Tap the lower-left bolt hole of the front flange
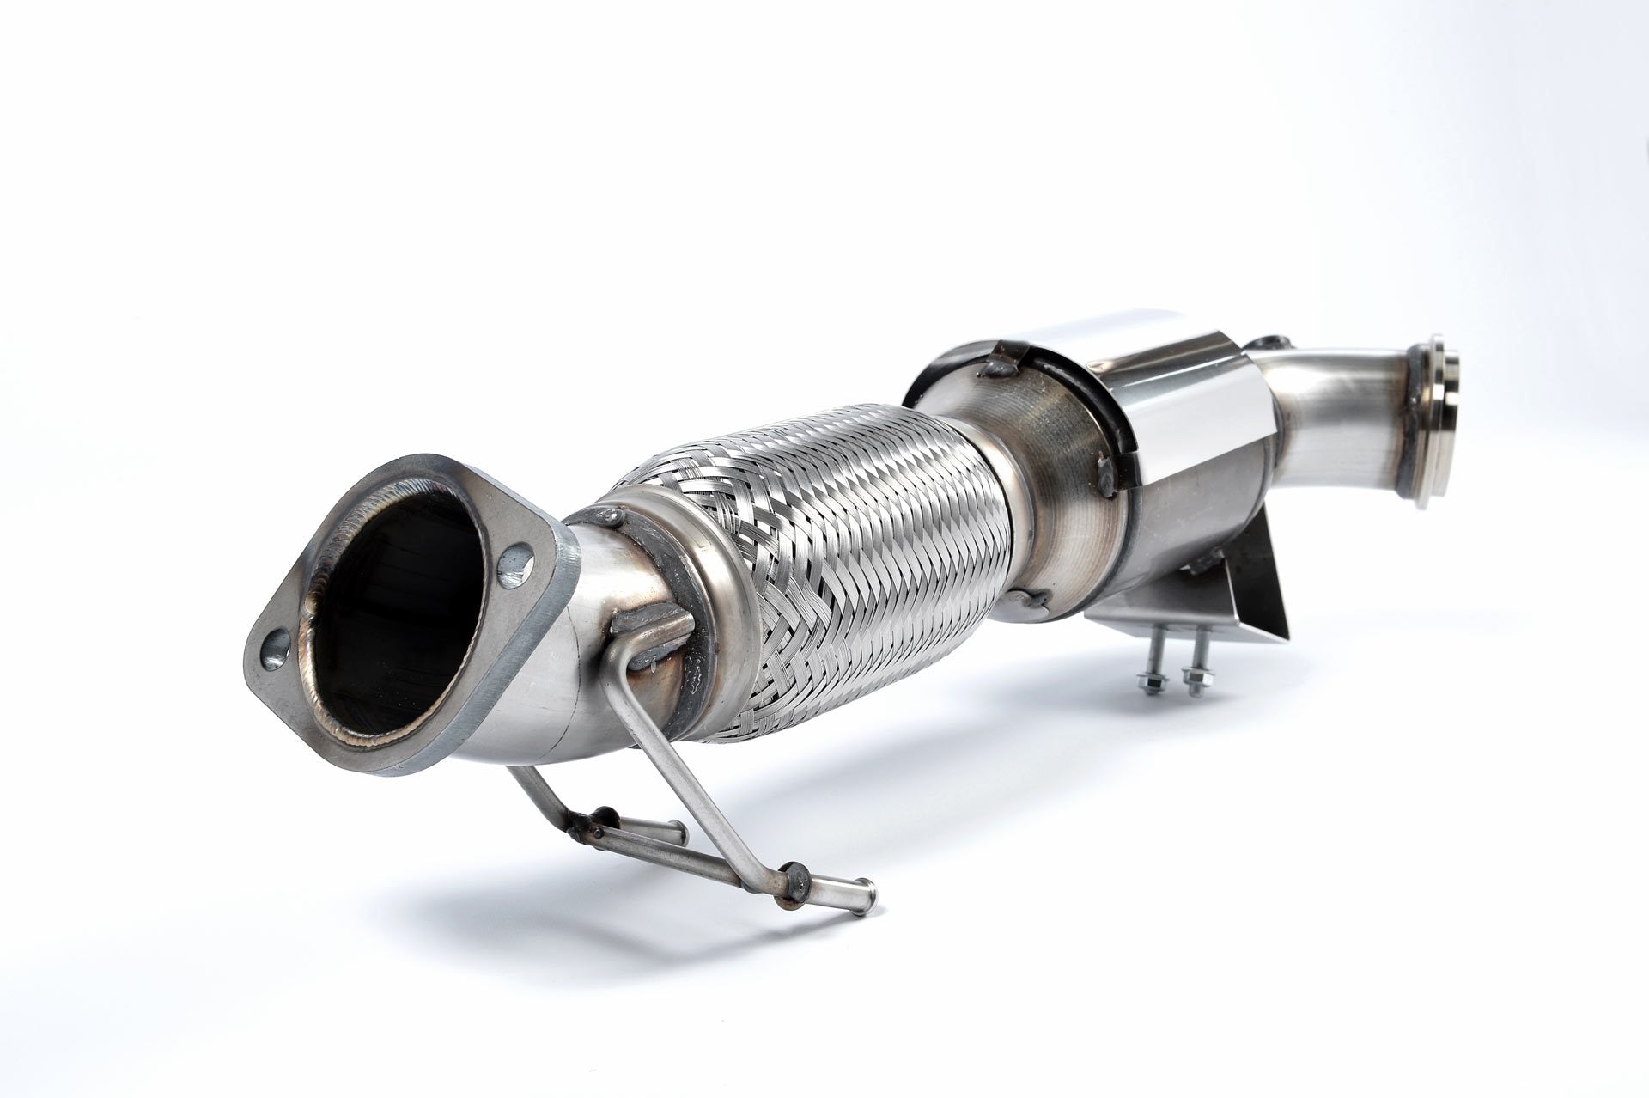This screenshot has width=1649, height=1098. pos(273,644)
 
